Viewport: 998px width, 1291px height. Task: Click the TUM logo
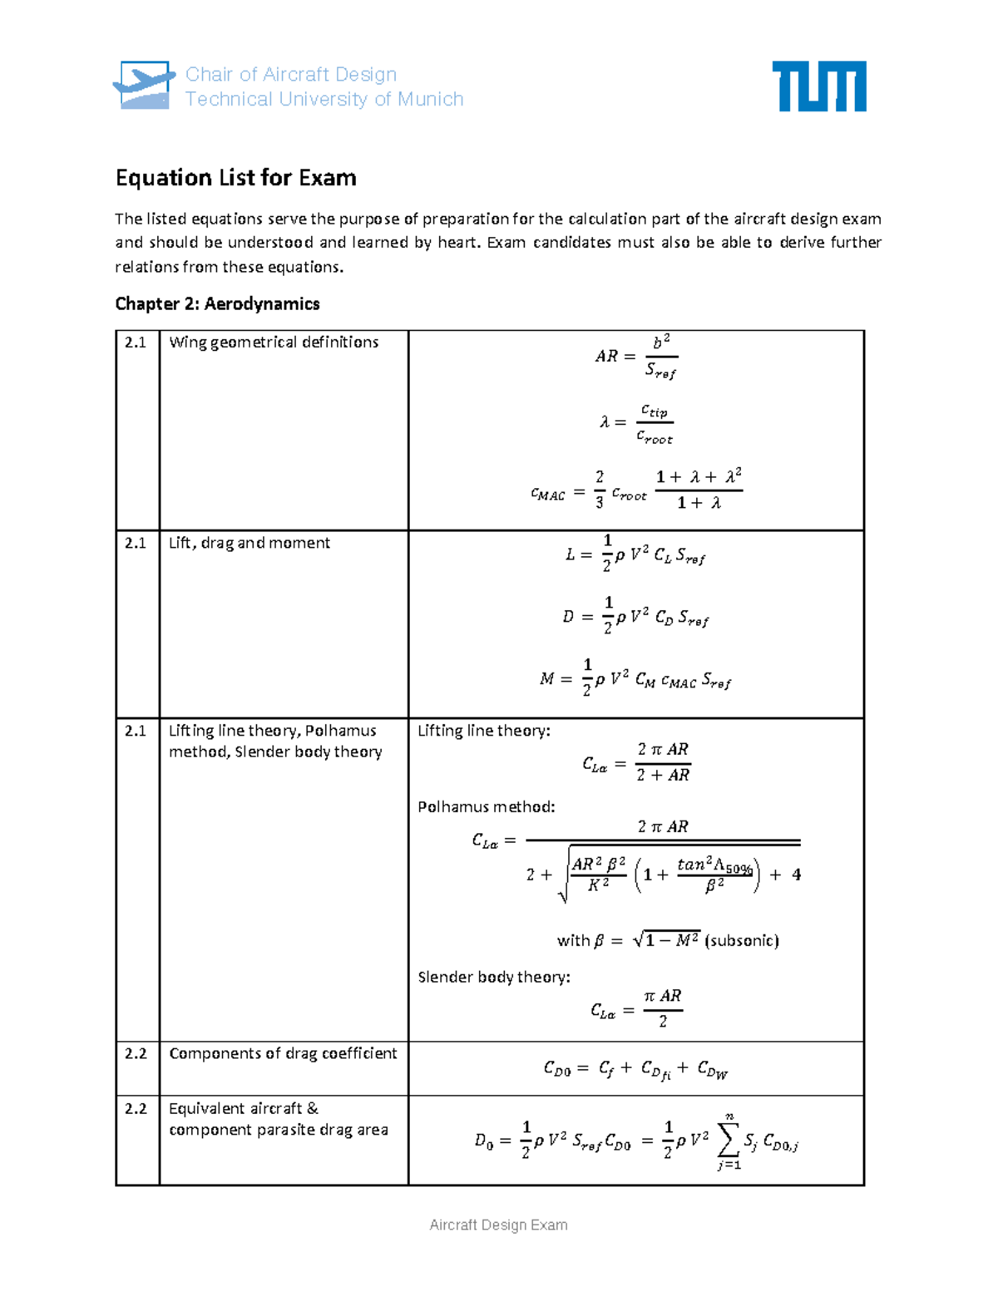click(x=818, y=86)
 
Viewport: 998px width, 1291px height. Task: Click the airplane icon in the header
click(x=144, y=85)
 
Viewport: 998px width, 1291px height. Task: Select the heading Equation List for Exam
click(x=236, y=178)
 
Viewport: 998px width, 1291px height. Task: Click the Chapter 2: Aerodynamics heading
click(x=217, y=303)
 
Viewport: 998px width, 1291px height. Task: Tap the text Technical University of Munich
click(x=324, y=99)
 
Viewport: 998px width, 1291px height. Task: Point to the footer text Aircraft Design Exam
click(x=498, y=1224)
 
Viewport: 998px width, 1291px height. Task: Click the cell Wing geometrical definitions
click(x=274, y=342)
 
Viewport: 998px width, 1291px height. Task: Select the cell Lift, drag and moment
click(x=249, y=543)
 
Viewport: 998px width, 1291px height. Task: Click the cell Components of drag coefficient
click(x=283, y=1053)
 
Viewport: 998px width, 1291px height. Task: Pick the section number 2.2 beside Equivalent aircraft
click(x=136, y=1109)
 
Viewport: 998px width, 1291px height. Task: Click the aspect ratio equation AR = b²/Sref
click(x=636, y=357)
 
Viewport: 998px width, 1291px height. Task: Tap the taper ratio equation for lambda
click(x=636, y=423)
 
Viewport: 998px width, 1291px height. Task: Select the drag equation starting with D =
click(x=635, y=617)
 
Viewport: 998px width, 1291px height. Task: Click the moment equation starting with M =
click(x=635, y=679)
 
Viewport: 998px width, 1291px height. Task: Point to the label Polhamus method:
click(x=486, y=807)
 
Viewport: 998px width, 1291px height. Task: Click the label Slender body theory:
click(x=494, y=977)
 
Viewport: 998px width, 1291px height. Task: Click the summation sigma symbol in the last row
click(x=728, y=1140)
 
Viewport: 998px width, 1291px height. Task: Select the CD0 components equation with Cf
click(x=635, y=1069)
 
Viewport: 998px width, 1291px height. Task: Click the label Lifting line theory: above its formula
click(x=483, y=731)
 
